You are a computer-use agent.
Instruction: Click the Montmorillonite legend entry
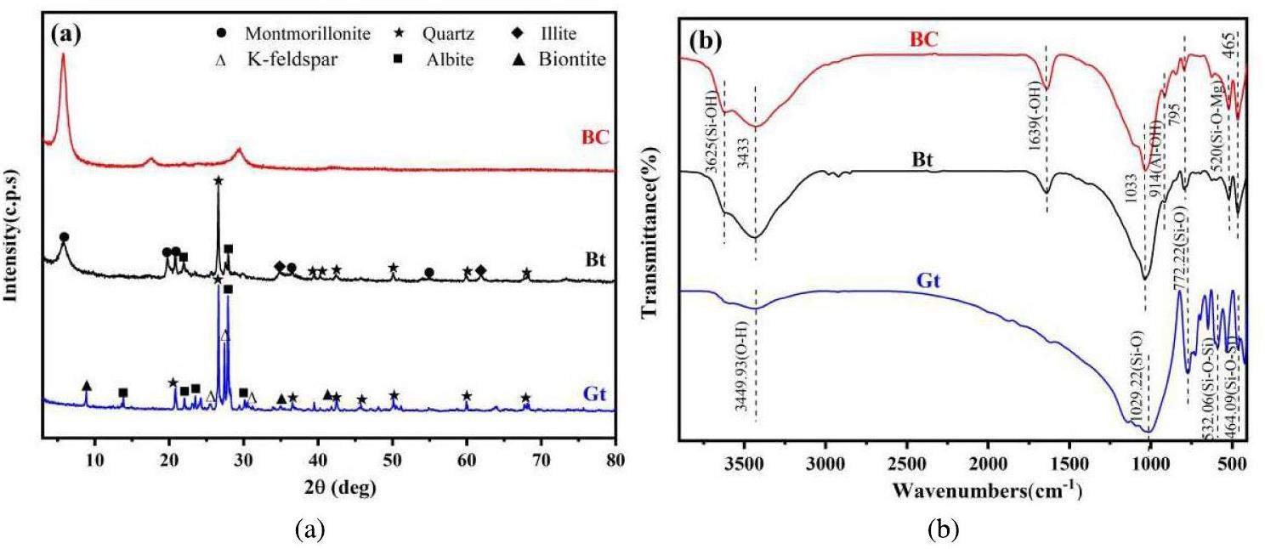click(x=307, y=34)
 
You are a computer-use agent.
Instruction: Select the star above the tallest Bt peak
click(x=218, y=180)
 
